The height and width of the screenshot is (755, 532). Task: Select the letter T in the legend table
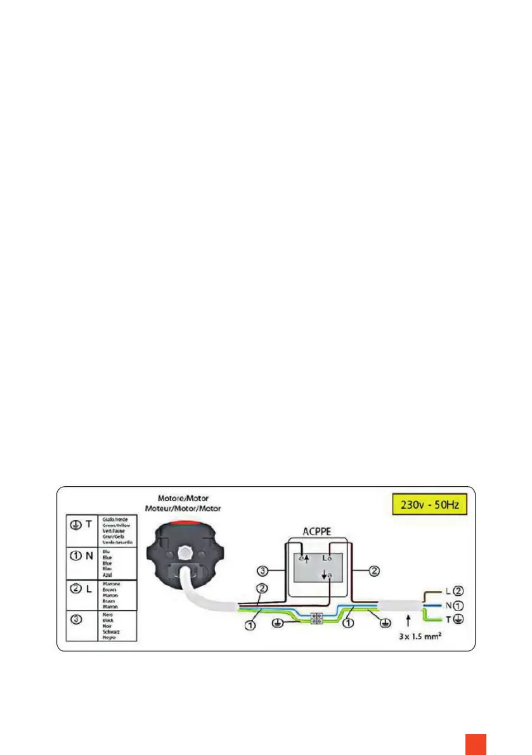(91, 524)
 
